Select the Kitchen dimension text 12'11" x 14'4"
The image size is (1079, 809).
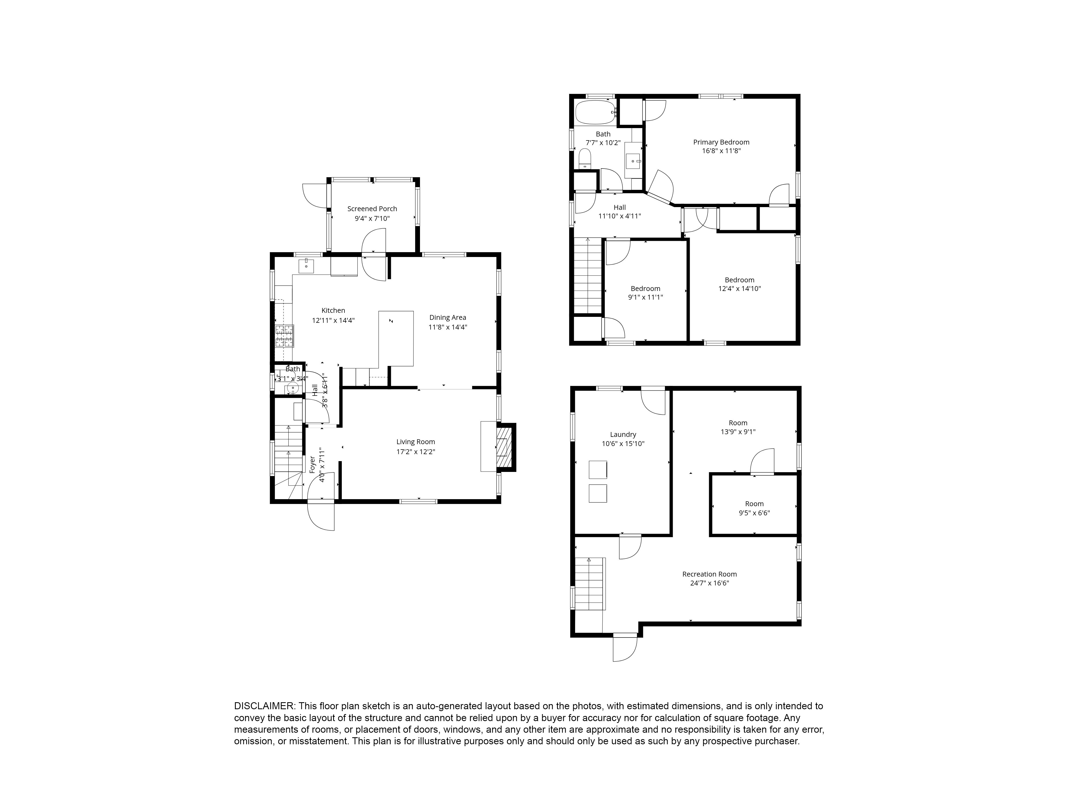tap(333, 320)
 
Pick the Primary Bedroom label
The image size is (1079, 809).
tap(721, 142)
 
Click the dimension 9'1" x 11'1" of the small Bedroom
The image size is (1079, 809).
tap(645, 297)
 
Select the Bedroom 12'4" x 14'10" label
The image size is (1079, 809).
tap(739, 280)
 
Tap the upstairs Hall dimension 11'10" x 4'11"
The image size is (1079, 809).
tap(620, 216)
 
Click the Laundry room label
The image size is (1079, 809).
tap(623, 434)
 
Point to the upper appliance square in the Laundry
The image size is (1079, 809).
tap(597, 469)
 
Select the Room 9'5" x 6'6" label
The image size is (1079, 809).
tap(754, 504)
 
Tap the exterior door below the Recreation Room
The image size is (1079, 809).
tap(625, 649)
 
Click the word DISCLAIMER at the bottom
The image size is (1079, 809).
tap(264, 706)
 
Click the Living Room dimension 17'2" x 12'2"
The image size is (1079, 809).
tap(416, 452)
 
